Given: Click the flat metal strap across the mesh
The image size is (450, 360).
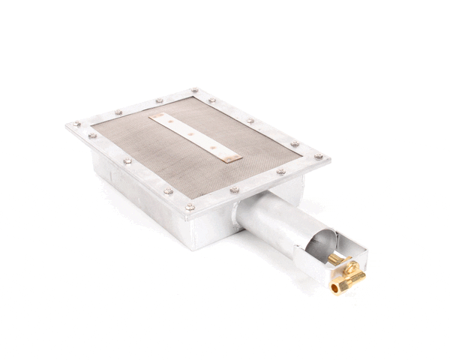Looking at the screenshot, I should click(x=193, y=135).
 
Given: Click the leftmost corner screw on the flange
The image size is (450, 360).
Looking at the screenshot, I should click(x=76, y=124).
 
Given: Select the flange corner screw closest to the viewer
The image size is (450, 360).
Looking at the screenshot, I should click(x=190, y=206).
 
